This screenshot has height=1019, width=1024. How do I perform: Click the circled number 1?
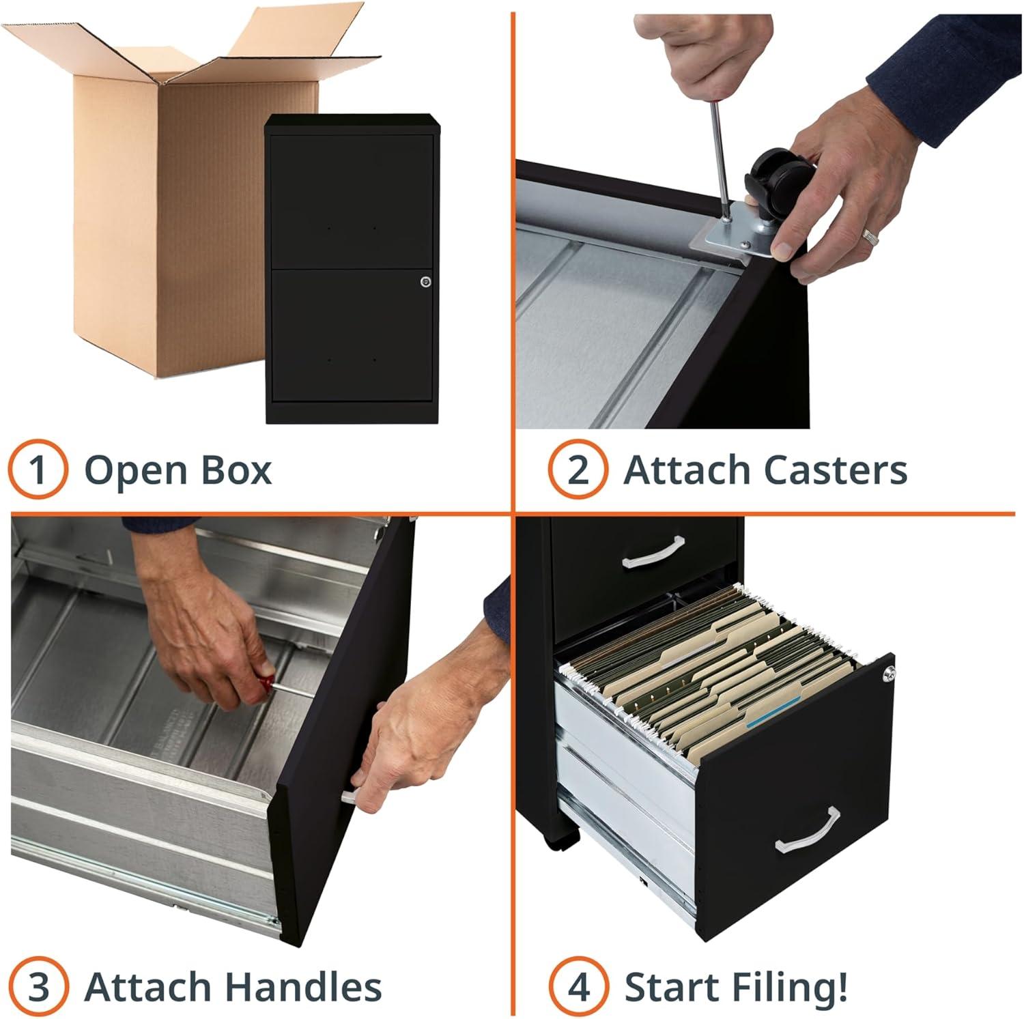click(x=38, y=470)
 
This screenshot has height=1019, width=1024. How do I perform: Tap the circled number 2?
click(x=578, y=470)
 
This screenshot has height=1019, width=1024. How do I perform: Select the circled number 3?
click(x=38, y=986)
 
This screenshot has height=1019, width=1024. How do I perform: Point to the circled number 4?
click(x=579, y=986)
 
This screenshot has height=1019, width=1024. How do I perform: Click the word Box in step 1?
click(x=236, y=470)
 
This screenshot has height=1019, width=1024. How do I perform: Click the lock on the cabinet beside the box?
click(x=426, y=281)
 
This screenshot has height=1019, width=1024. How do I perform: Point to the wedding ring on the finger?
click(x=869, y=237)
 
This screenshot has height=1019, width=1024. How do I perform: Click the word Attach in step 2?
click(x=686, y=470)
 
